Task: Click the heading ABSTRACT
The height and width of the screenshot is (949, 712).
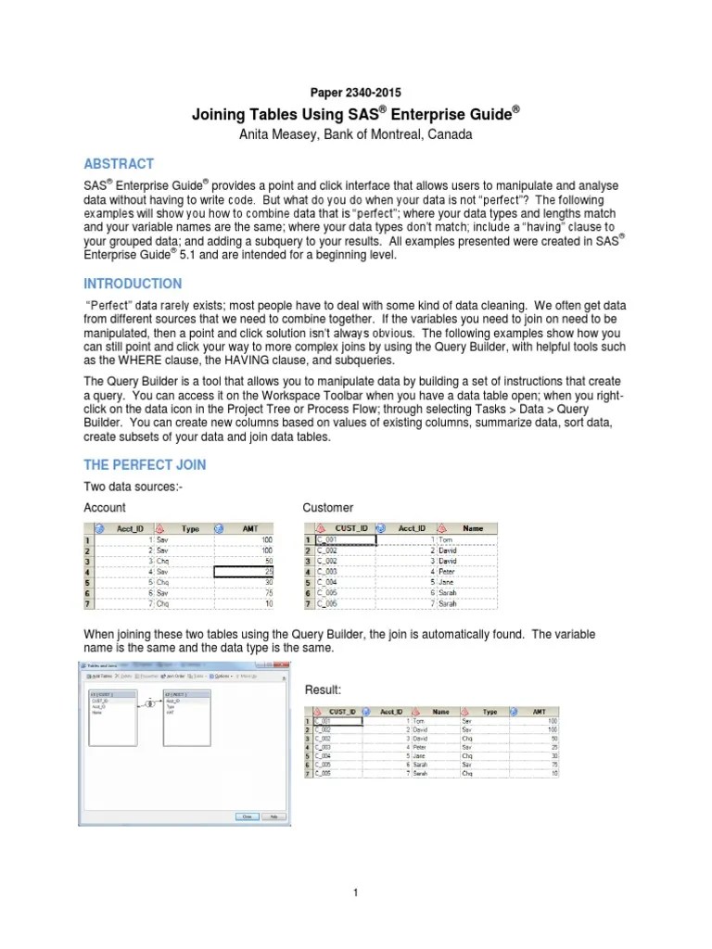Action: (119, 164)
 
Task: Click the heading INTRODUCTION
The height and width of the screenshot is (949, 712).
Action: (133, 284)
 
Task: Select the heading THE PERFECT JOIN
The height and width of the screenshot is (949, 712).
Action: (145, 464)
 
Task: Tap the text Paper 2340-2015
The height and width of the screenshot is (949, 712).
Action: (355, 93)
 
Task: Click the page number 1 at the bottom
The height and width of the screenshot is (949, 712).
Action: (355, 892)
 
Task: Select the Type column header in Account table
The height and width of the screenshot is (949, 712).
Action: (189, 528)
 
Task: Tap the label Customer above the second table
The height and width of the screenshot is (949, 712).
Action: (327, 507)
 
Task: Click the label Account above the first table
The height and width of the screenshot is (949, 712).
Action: (105, 507)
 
